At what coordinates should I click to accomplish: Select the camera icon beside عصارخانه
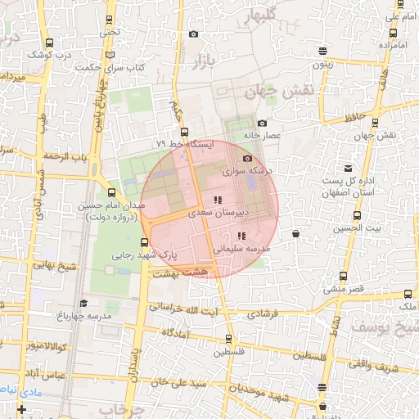pyautogui.click(x=262, y=124)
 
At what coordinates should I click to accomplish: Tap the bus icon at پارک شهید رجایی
pyautogui.click(x=145, y=242)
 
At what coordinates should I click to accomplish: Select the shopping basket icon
pyautogui.click(x=295, y=234)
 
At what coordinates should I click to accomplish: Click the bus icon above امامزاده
pyautogui.click(x=394, y=34)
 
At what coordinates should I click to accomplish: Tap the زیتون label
pyautogui.click(x=322, y=63)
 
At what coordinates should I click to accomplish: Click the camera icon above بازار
pyautogui.click(x=193, y=34)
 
